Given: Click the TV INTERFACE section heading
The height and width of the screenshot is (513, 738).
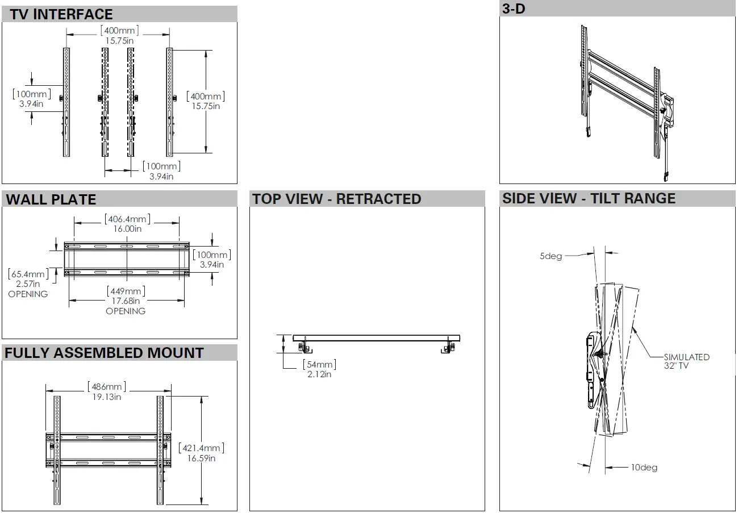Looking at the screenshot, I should [61, 14].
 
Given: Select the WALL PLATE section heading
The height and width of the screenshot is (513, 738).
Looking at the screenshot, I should [51, 199].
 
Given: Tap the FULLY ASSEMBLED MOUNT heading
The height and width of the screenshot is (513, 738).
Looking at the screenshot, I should [104, 353].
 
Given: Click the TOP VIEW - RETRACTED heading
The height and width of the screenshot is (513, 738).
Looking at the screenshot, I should [337, 199].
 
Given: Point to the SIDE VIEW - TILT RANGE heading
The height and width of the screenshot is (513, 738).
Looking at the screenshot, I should [589, 198].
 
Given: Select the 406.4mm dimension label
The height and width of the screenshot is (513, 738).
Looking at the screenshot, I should [127, 219].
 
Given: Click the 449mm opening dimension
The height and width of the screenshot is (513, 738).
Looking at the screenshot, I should [126, 291].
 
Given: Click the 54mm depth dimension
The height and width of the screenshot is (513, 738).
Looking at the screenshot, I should [319, 365].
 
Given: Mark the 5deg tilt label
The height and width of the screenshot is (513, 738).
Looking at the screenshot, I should [551, 256].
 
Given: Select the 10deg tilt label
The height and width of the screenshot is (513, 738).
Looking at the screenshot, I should [644, 468].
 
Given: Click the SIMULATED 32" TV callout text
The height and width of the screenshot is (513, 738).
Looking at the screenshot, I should [686, 361].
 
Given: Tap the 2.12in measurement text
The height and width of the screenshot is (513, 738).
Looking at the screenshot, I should [319, 374].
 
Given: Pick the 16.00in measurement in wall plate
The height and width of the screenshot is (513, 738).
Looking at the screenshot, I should [127, 229].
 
